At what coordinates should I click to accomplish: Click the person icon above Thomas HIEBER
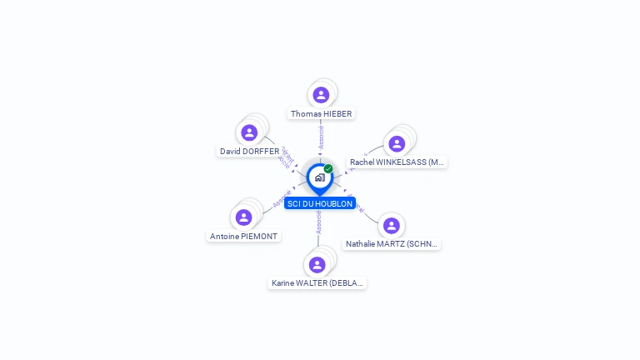point(322,95)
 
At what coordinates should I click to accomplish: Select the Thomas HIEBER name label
point(322,113)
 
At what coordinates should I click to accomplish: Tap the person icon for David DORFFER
point(249,132)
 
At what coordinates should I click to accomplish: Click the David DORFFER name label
point(250,151)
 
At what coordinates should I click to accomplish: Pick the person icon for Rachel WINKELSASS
point(397,143)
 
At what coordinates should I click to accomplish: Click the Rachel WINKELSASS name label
point(397,162)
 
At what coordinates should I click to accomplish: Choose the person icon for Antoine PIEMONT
point(243,217)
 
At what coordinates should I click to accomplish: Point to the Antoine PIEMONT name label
point(243,236)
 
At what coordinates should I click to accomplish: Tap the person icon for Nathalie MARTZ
point(391,226)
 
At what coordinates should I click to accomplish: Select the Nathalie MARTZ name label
point(392,244)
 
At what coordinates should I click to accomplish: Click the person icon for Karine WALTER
point(317,265)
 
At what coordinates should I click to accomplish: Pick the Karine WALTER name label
point(317,283)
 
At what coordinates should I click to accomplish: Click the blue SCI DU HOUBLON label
point(320,203)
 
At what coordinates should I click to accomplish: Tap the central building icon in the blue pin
point(319,177)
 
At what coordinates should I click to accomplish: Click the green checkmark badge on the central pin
point(328,168)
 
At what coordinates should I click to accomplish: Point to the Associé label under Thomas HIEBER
point(321,137)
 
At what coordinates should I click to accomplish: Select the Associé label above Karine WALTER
point(318,222)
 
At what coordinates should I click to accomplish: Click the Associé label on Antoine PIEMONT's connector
point(282,198)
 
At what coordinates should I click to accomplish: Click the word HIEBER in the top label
point(337,113)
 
